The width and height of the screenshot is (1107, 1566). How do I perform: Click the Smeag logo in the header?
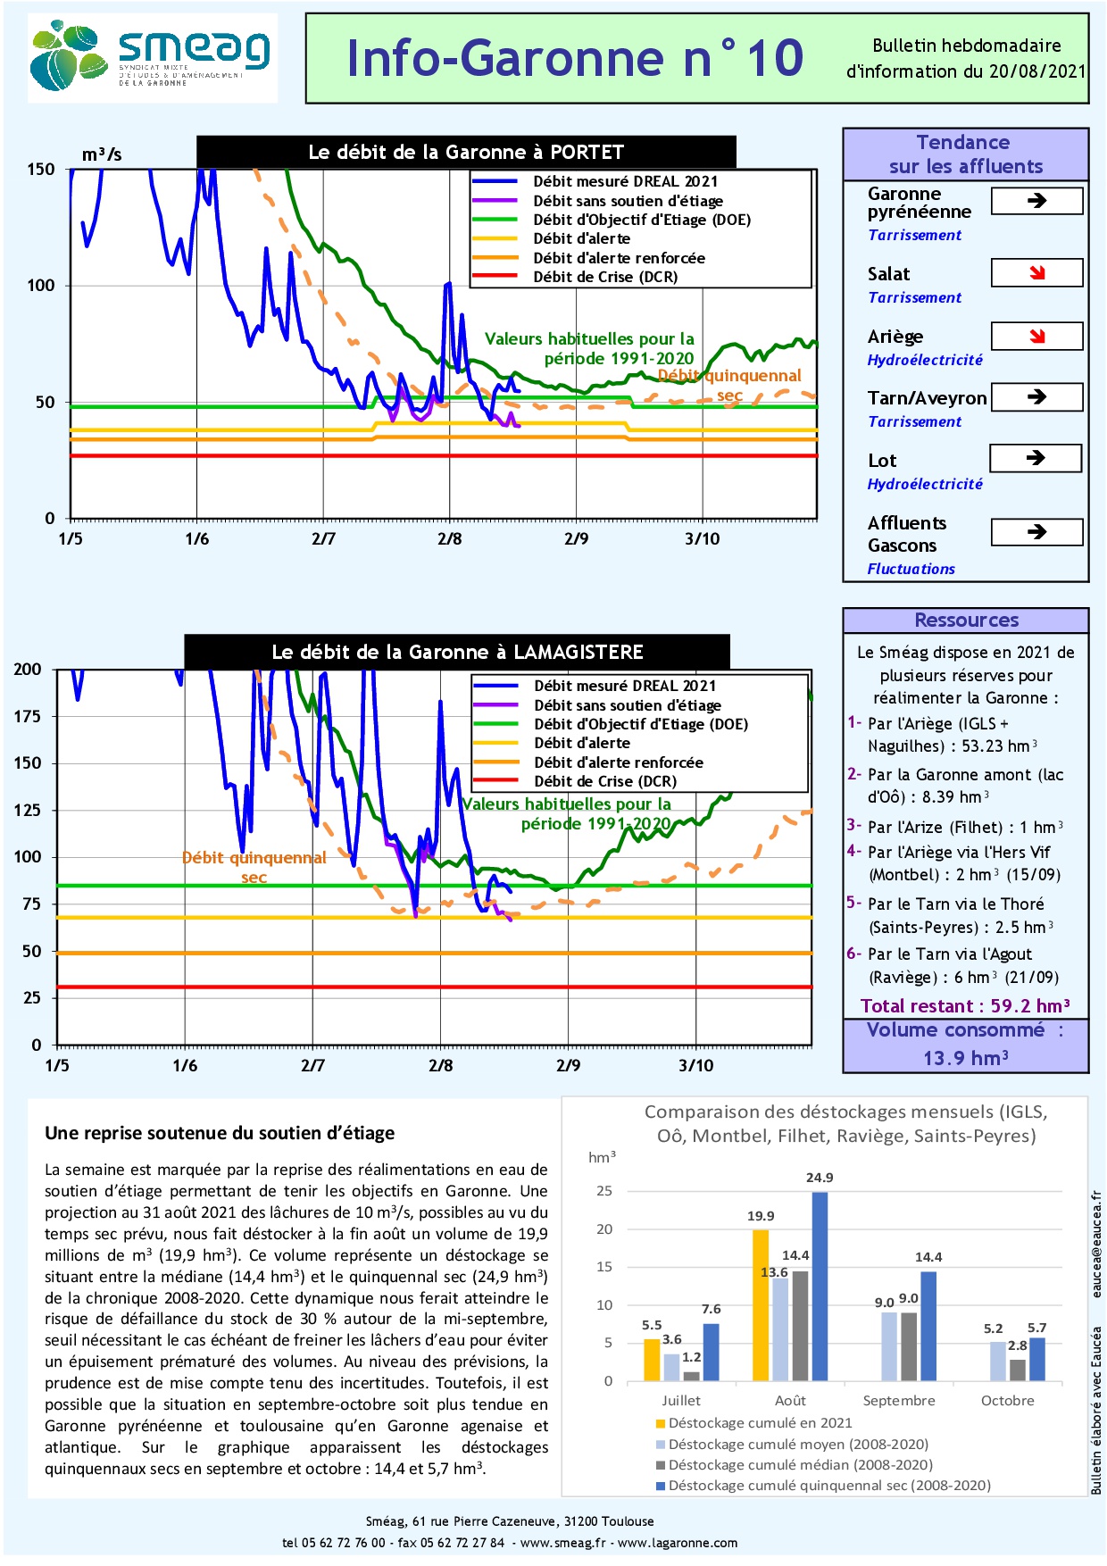pos(152,58)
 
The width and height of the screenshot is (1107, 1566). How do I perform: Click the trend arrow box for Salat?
pos(1036,273)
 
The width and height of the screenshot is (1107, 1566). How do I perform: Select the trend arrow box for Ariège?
pos(1036,336)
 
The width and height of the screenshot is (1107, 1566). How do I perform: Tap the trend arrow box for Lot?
pos(1036,458)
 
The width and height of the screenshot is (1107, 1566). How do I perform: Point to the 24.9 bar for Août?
pos(820,1286)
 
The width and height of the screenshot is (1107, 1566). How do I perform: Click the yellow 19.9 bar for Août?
pos(761,1305)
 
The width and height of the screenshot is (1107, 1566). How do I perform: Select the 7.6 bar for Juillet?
pos(711,1352)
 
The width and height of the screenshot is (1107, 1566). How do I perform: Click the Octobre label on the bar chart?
pos(1007,1401)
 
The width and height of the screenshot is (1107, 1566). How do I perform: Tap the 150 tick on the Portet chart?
pos(41,170)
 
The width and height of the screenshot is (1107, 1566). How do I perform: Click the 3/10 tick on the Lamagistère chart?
pos(696,1065)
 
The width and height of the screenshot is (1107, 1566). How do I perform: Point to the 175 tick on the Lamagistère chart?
pos(28,716)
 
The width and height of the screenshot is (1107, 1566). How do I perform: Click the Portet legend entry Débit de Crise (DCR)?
pos(605,277)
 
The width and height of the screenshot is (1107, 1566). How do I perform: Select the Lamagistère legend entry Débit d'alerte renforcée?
pos(619,762)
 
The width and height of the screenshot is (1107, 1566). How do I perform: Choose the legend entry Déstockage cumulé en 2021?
pos(760,1423)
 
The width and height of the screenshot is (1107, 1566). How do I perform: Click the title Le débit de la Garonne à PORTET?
pos(466,152)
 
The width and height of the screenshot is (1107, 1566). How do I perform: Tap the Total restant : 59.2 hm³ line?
pos(965,1006)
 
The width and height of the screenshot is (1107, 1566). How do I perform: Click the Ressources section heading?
pos(966,621)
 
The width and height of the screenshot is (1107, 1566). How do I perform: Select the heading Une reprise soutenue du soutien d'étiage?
pos(220,1133)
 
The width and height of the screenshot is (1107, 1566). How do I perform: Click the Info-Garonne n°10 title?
pos(575,58)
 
